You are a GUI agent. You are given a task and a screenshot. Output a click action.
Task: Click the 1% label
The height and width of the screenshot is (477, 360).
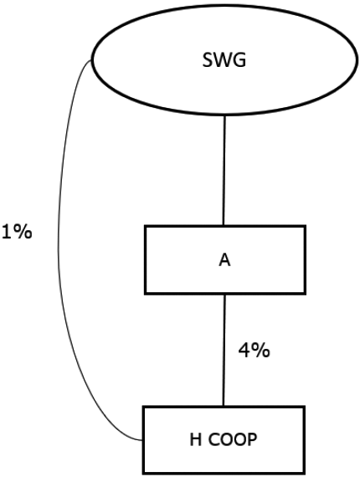click(x=17, y=233)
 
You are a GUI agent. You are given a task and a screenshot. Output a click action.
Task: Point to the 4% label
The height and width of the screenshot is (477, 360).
click(x=255, y=351)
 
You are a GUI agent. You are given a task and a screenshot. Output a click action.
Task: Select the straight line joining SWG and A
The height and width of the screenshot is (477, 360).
click(x=224, y=171)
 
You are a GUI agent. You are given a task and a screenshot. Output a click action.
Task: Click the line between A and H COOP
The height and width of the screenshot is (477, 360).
click(x=224, y=350)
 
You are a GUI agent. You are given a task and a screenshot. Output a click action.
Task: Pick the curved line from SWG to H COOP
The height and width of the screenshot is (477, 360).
click(x=59, y=249)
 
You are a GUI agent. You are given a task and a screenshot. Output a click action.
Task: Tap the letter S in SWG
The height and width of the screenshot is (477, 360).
click(x=208, y=60)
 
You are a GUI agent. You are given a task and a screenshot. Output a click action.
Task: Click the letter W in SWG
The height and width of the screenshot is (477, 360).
click(x=223, y=60)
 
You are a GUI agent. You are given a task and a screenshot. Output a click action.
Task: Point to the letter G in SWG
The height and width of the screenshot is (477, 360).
click(x=239, y=60)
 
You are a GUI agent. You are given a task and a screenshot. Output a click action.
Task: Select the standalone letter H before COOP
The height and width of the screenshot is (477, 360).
click(x=196, y=439)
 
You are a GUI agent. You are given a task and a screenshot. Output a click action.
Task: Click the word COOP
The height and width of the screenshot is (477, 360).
click(x=233, y=439)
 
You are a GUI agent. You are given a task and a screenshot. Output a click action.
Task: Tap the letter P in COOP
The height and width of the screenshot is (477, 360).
click(x=252, y=439)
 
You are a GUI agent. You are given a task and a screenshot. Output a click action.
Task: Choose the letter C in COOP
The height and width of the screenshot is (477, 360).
click(x=214, y=439)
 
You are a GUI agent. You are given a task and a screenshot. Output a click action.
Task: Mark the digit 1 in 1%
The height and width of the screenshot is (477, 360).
click(x=8, y=233)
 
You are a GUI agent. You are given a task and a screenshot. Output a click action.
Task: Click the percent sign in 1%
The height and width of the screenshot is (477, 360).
click(x=23, y=233)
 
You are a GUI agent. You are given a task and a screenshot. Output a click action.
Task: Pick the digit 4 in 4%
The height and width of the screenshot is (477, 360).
click(x=244, y=351)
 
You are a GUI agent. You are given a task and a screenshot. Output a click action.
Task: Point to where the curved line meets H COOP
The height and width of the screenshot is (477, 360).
click(x=142, y=440)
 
